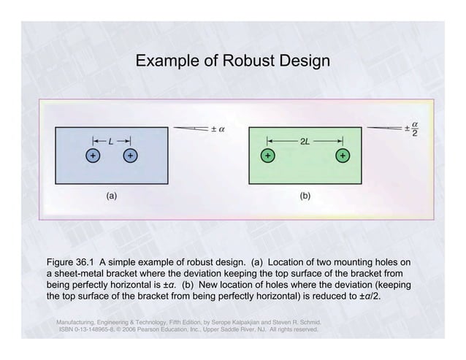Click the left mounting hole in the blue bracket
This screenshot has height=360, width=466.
(x=92, y=156)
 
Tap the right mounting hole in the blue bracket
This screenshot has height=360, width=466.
(x=129, y=156)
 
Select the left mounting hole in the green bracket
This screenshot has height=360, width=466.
(x=268, y=156)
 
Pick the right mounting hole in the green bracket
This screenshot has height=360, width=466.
(x=342, y=156)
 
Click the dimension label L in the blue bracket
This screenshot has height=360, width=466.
(x=111, y=140)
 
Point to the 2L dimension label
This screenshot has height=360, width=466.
(x=305, y=140)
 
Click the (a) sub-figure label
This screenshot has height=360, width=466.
(x=111, y=196)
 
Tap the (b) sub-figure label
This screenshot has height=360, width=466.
(x=305, y=196)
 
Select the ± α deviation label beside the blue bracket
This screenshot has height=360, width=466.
(x=218, y=129)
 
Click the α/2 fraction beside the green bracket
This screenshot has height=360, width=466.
(x=415, y=129)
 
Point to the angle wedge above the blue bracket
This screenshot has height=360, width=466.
(x=188, y=128)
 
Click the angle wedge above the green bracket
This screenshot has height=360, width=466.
(x=383, y=128)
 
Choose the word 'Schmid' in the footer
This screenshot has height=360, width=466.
(x=307, y=321)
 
